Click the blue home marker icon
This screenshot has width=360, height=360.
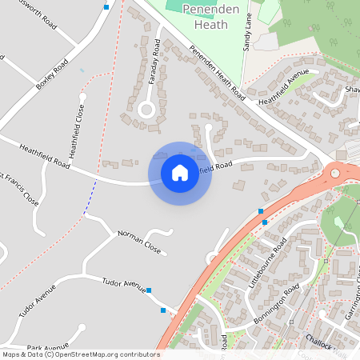pos(179,173)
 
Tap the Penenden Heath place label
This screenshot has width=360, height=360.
pos(206,16)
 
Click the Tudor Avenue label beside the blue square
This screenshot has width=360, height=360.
pos(123,285)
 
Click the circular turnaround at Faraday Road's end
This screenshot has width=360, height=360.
pos(146,110)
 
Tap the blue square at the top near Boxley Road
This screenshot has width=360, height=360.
pos(106,7)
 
